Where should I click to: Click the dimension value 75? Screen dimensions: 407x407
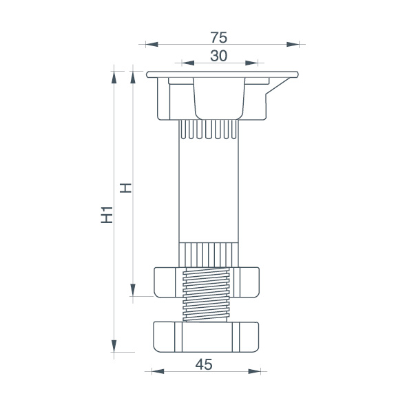pos(218,37)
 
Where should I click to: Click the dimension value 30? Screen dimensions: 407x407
pos(218,56)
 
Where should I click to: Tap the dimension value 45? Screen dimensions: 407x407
pos(204,364)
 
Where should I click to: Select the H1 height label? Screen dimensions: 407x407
pos(107,215)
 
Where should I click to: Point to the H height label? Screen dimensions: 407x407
pos(125,188)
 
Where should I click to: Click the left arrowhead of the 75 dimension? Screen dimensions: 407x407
pos(152,44)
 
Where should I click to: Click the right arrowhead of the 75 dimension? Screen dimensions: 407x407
pos(293,44)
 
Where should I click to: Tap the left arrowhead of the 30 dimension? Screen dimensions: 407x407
pos(188,63)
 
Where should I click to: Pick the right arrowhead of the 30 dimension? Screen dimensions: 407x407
pos(251,63)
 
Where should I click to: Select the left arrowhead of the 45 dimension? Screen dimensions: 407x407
pos(158,371)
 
